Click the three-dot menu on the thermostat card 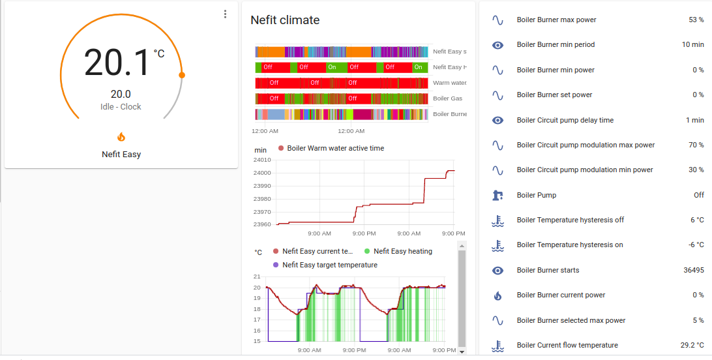[x=225, y=14]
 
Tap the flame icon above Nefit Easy [x=121, y=137]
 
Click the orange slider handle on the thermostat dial [x=182, y=75]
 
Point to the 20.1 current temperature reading [x=117, y=63]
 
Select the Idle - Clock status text [x=121, y=107]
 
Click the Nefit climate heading [x=285, y=20]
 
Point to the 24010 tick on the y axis [x=262, y=160]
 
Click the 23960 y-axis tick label [x=262, y=224]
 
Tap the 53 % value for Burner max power [x=696, y=20]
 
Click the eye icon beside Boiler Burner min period [x=497, y=45]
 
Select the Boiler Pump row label [x=536, y=195]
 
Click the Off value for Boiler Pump [x=698, y=195]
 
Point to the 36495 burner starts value [x=691, y=270]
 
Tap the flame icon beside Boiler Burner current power [x=497, y=295]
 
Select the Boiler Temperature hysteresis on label [x=569, y=245]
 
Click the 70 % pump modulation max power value [x=696, y=145]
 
